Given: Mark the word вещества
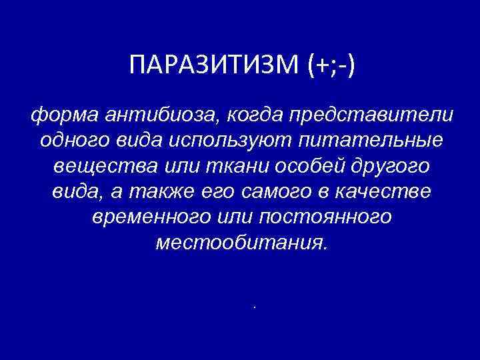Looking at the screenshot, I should point(94,167).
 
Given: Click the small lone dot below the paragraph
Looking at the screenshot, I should point(255,307).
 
